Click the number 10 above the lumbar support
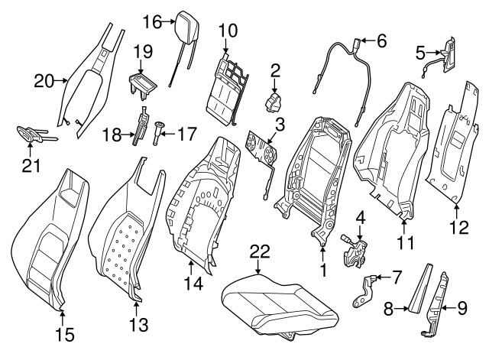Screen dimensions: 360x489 tap(227, 30)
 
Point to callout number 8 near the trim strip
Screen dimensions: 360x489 tap(388, 310)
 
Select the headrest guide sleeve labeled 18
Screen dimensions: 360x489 tap(141, 128)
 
